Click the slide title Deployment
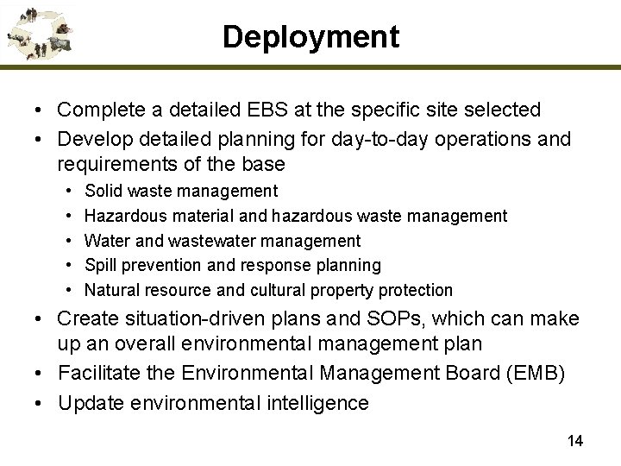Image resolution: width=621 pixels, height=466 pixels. coord(310,36)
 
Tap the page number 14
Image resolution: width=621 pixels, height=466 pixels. coord(575,441)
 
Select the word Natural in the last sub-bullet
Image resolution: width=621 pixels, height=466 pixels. coord(111,290)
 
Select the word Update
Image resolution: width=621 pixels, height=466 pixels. coord(86,402)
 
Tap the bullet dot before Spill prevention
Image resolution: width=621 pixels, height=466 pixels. coord(67,266)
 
